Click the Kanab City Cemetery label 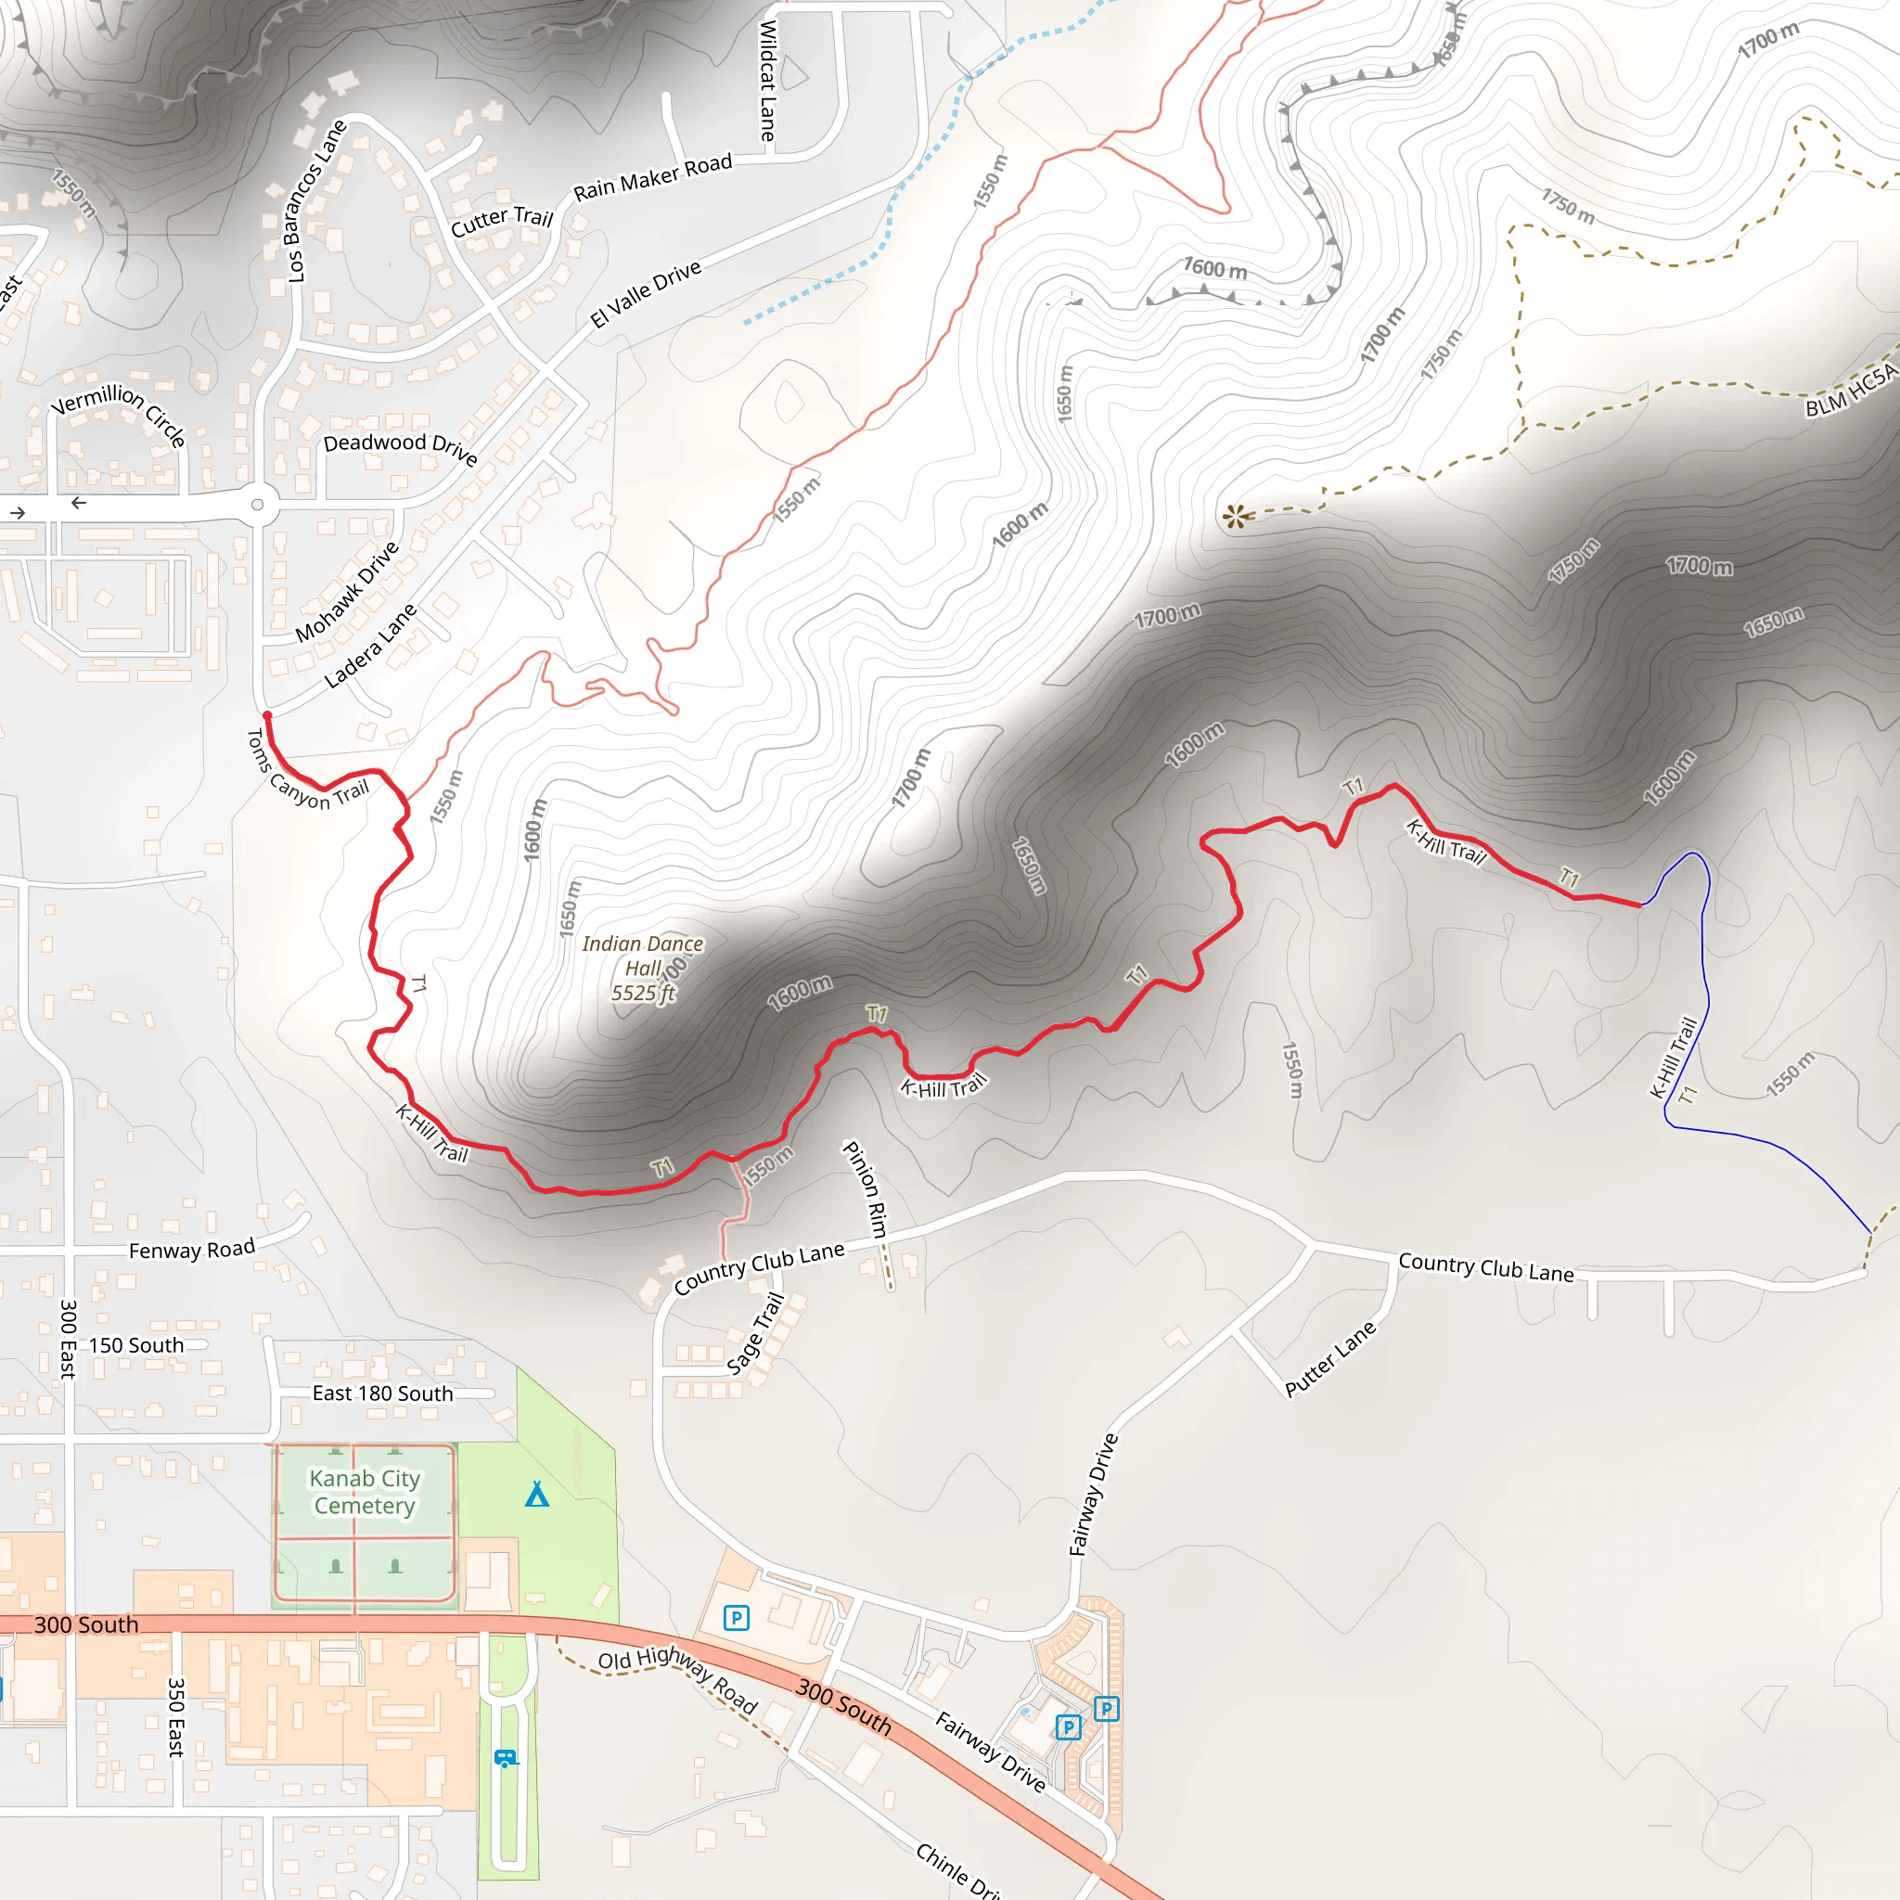[x=364, y=1492]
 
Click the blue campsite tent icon [x=536, y=1495]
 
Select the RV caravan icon [x=506, y=1757]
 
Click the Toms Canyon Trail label [x=307, y=770]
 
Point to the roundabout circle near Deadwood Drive [x=258, y=505]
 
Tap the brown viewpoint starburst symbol [x=1235, y=515]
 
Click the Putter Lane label [x=1329, y=1358]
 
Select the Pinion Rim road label [x=866, y=1188]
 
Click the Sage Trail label [x=755, y=1333]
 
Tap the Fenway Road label [x=192, y=1249]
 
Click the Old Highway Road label [x=678, y=1677]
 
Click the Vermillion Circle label [x=120, y=412]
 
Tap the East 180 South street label [x=382, y=1393]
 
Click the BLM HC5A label [x=1851, y=392]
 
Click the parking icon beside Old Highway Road [x=736, y=1617]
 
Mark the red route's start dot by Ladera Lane [x=266, y=716]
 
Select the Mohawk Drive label [x=347, y=591]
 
